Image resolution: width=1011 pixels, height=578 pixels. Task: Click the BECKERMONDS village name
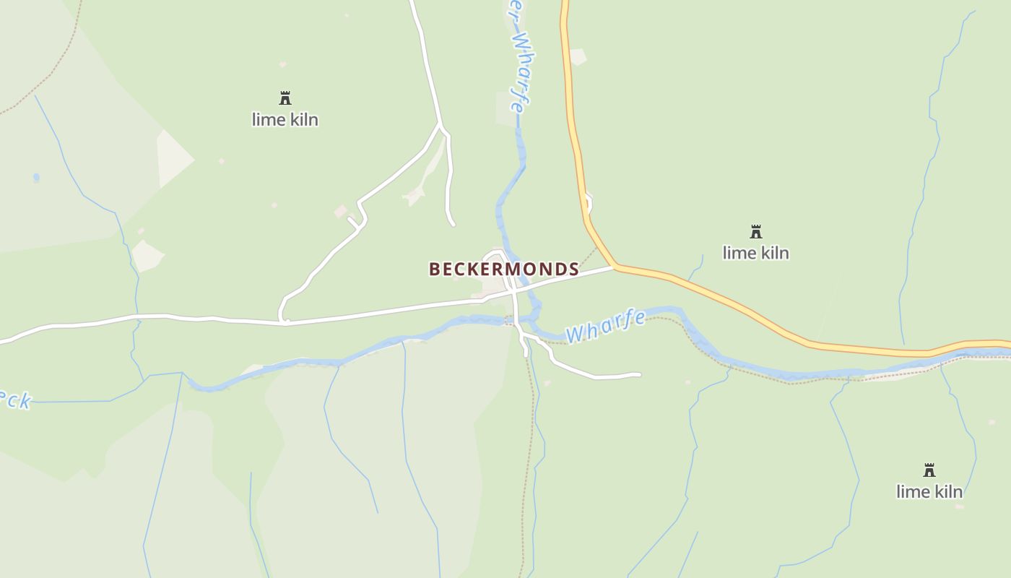click(503, 269)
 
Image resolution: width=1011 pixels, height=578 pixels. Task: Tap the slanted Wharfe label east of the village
click(605, 326)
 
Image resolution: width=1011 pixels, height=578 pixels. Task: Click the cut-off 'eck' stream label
click(16, 400)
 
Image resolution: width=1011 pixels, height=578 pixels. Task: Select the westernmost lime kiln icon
click(285, 98)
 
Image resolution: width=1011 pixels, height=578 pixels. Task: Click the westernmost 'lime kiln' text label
click(285, 119)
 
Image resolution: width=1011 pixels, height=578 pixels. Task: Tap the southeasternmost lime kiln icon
click(929, 470)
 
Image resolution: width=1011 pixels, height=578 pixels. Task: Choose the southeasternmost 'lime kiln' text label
click(929, 491)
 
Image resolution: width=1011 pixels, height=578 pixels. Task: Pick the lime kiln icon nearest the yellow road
click(756, 232)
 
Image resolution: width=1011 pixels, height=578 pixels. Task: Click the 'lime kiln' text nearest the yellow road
click(756, 253)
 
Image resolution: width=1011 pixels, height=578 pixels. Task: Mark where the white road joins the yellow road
click(615, 267)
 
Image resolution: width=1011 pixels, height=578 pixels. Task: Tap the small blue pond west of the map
click(36, 177)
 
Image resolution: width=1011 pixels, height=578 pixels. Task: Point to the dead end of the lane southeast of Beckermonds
click(639, 374)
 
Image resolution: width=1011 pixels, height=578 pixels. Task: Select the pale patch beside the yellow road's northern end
click(577, 56)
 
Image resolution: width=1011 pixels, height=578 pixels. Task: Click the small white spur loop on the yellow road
click(589, 202)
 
